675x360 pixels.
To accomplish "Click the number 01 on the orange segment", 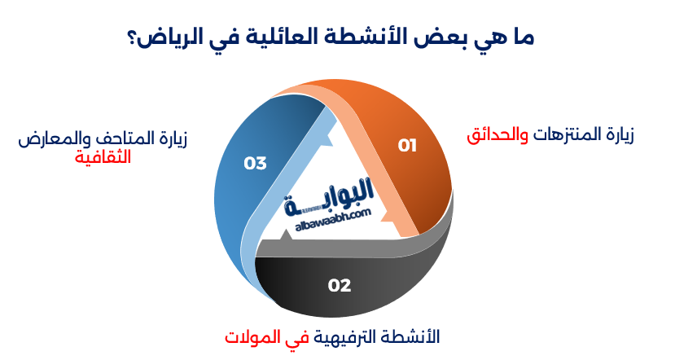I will [407, 146].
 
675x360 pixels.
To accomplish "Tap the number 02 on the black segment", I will [340, 285].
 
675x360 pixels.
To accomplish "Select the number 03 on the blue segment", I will [255, 163].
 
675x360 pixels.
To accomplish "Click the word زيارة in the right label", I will [617, 135].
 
